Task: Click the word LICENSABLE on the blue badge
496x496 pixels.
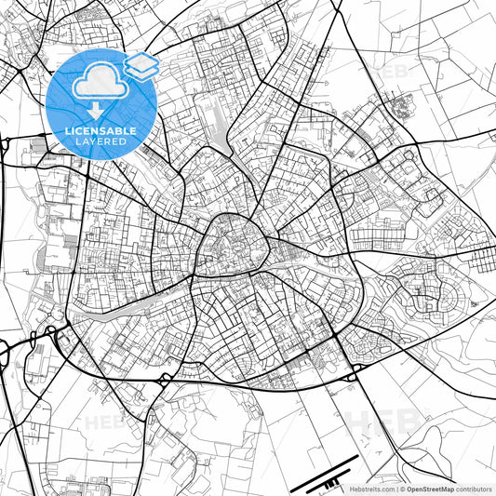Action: tap(100, 132)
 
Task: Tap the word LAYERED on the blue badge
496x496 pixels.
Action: tap(100, 144)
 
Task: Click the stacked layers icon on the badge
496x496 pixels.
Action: tap(141, 66)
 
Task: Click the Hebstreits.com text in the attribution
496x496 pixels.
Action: tap(371, 489)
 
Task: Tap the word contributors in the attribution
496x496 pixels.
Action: tap(475, 489)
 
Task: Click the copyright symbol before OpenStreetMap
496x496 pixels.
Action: tap(402, 489)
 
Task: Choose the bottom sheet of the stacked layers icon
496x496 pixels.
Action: tap(141, 73)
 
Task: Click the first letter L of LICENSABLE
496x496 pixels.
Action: tap(66, 132)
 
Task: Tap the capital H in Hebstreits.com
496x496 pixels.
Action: tap(353, 489)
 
